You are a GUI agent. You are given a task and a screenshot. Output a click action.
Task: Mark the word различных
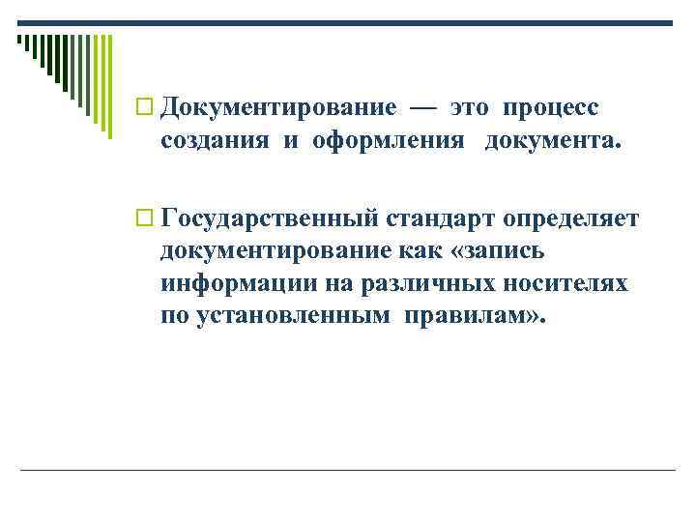pos(424,285)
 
